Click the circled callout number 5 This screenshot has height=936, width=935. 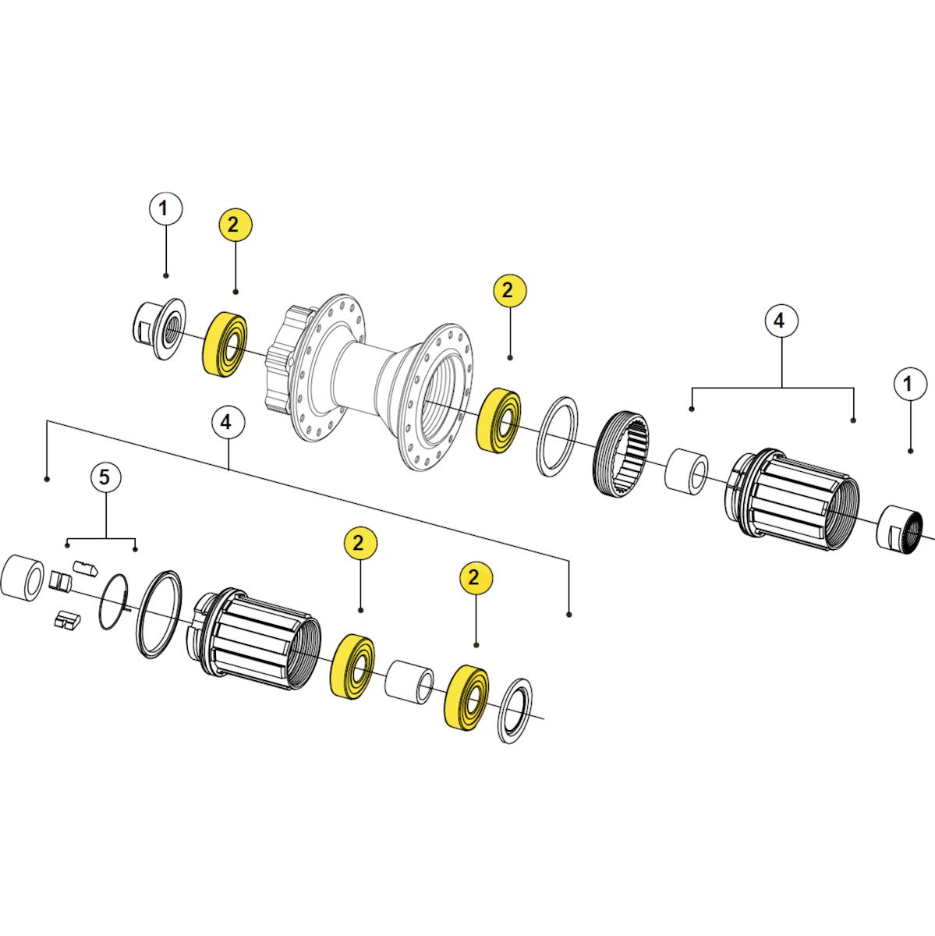[104, 478]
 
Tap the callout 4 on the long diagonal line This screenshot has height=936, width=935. [227, 423]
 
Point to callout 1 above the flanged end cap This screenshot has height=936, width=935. [165, 209]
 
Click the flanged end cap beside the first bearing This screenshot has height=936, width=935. [158, 328]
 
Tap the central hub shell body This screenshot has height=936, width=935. [369, 384]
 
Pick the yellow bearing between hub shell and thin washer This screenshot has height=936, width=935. [499, 420]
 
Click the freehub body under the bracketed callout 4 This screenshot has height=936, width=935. [791, 499]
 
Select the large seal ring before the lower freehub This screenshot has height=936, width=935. [160, 614]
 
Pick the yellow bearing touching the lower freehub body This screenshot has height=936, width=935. [352, 666]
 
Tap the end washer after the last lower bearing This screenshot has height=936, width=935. [515, 718]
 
